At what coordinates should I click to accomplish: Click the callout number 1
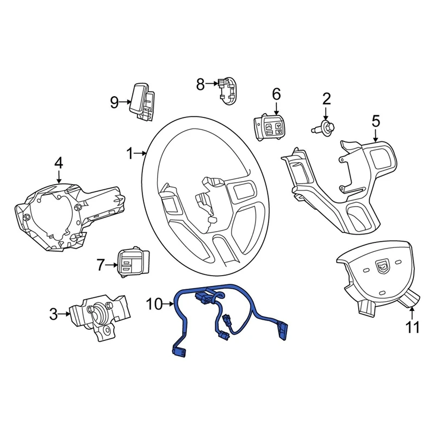[x=130, y=154]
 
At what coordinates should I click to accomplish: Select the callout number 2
[x=326, y=98]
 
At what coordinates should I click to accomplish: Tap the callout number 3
[x=53, y=314]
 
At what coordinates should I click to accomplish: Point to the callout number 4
[x=59, y=163]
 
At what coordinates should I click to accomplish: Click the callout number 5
[x=376, y=121]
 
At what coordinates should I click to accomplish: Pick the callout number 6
[x=276, y=94]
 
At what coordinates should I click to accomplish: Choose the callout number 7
[x=100, y=265]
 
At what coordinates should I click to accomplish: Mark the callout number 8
[x=200, y=84]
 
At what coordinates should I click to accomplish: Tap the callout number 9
[x=114, y=102]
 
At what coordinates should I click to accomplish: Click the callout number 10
[x=154, y=304]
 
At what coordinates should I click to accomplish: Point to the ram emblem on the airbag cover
[x=383, y=266]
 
